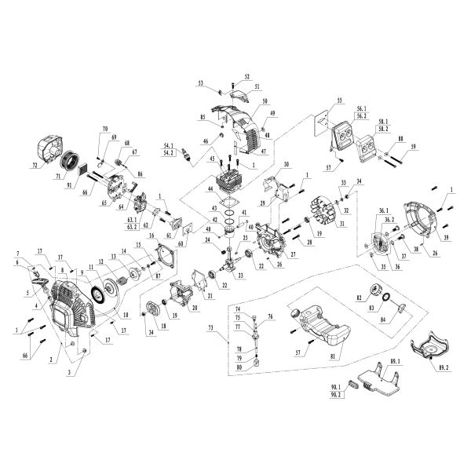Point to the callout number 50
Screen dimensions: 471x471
[265, 102]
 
